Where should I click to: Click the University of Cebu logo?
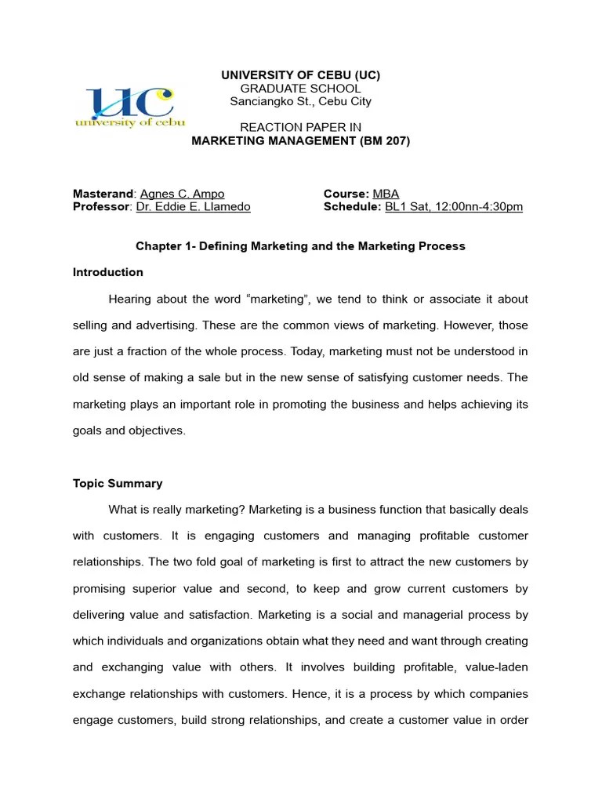click(x=129, y=107)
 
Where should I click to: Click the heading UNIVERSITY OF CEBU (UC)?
click(x=301, y=75)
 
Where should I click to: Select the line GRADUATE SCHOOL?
click(x=301, y=89)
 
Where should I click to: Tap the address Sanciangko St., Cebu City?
click(x=301, y=101)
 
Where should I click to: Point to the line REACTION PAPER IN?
click(x=300, y=128)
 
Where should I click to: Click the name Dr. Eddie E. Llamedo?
click(x=194, y=207)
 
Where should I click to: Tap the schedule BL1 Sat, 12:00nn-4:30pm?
click(x=453, y=207)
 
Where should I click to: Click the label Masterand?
click(x=103, y=194)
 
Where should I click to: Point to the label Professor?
click(x=101, y=207)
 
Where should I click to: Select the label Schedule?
click(x=352, y=207)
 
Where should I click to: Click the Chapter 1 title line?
click(x=300, y=246)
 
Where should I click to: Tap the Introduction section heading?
click(x=108, y=273)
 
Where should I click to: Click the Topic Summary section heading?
click(x=118, y=483)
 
